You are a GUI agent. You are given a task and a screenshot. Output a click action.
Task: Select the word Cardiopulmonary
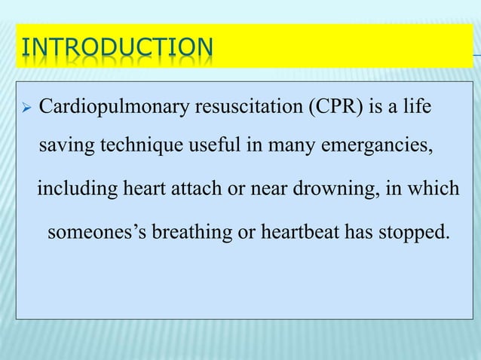click(x=113, y=107)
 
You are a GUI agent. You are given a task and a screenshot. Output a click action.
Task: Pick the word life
click(x=417, y=107)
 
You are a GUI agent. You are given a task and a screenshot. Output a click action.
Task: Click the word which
click(x=434, y=187)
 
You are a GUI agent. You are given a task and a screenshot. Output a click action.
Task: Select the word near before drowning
click(x=263, y=187)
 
